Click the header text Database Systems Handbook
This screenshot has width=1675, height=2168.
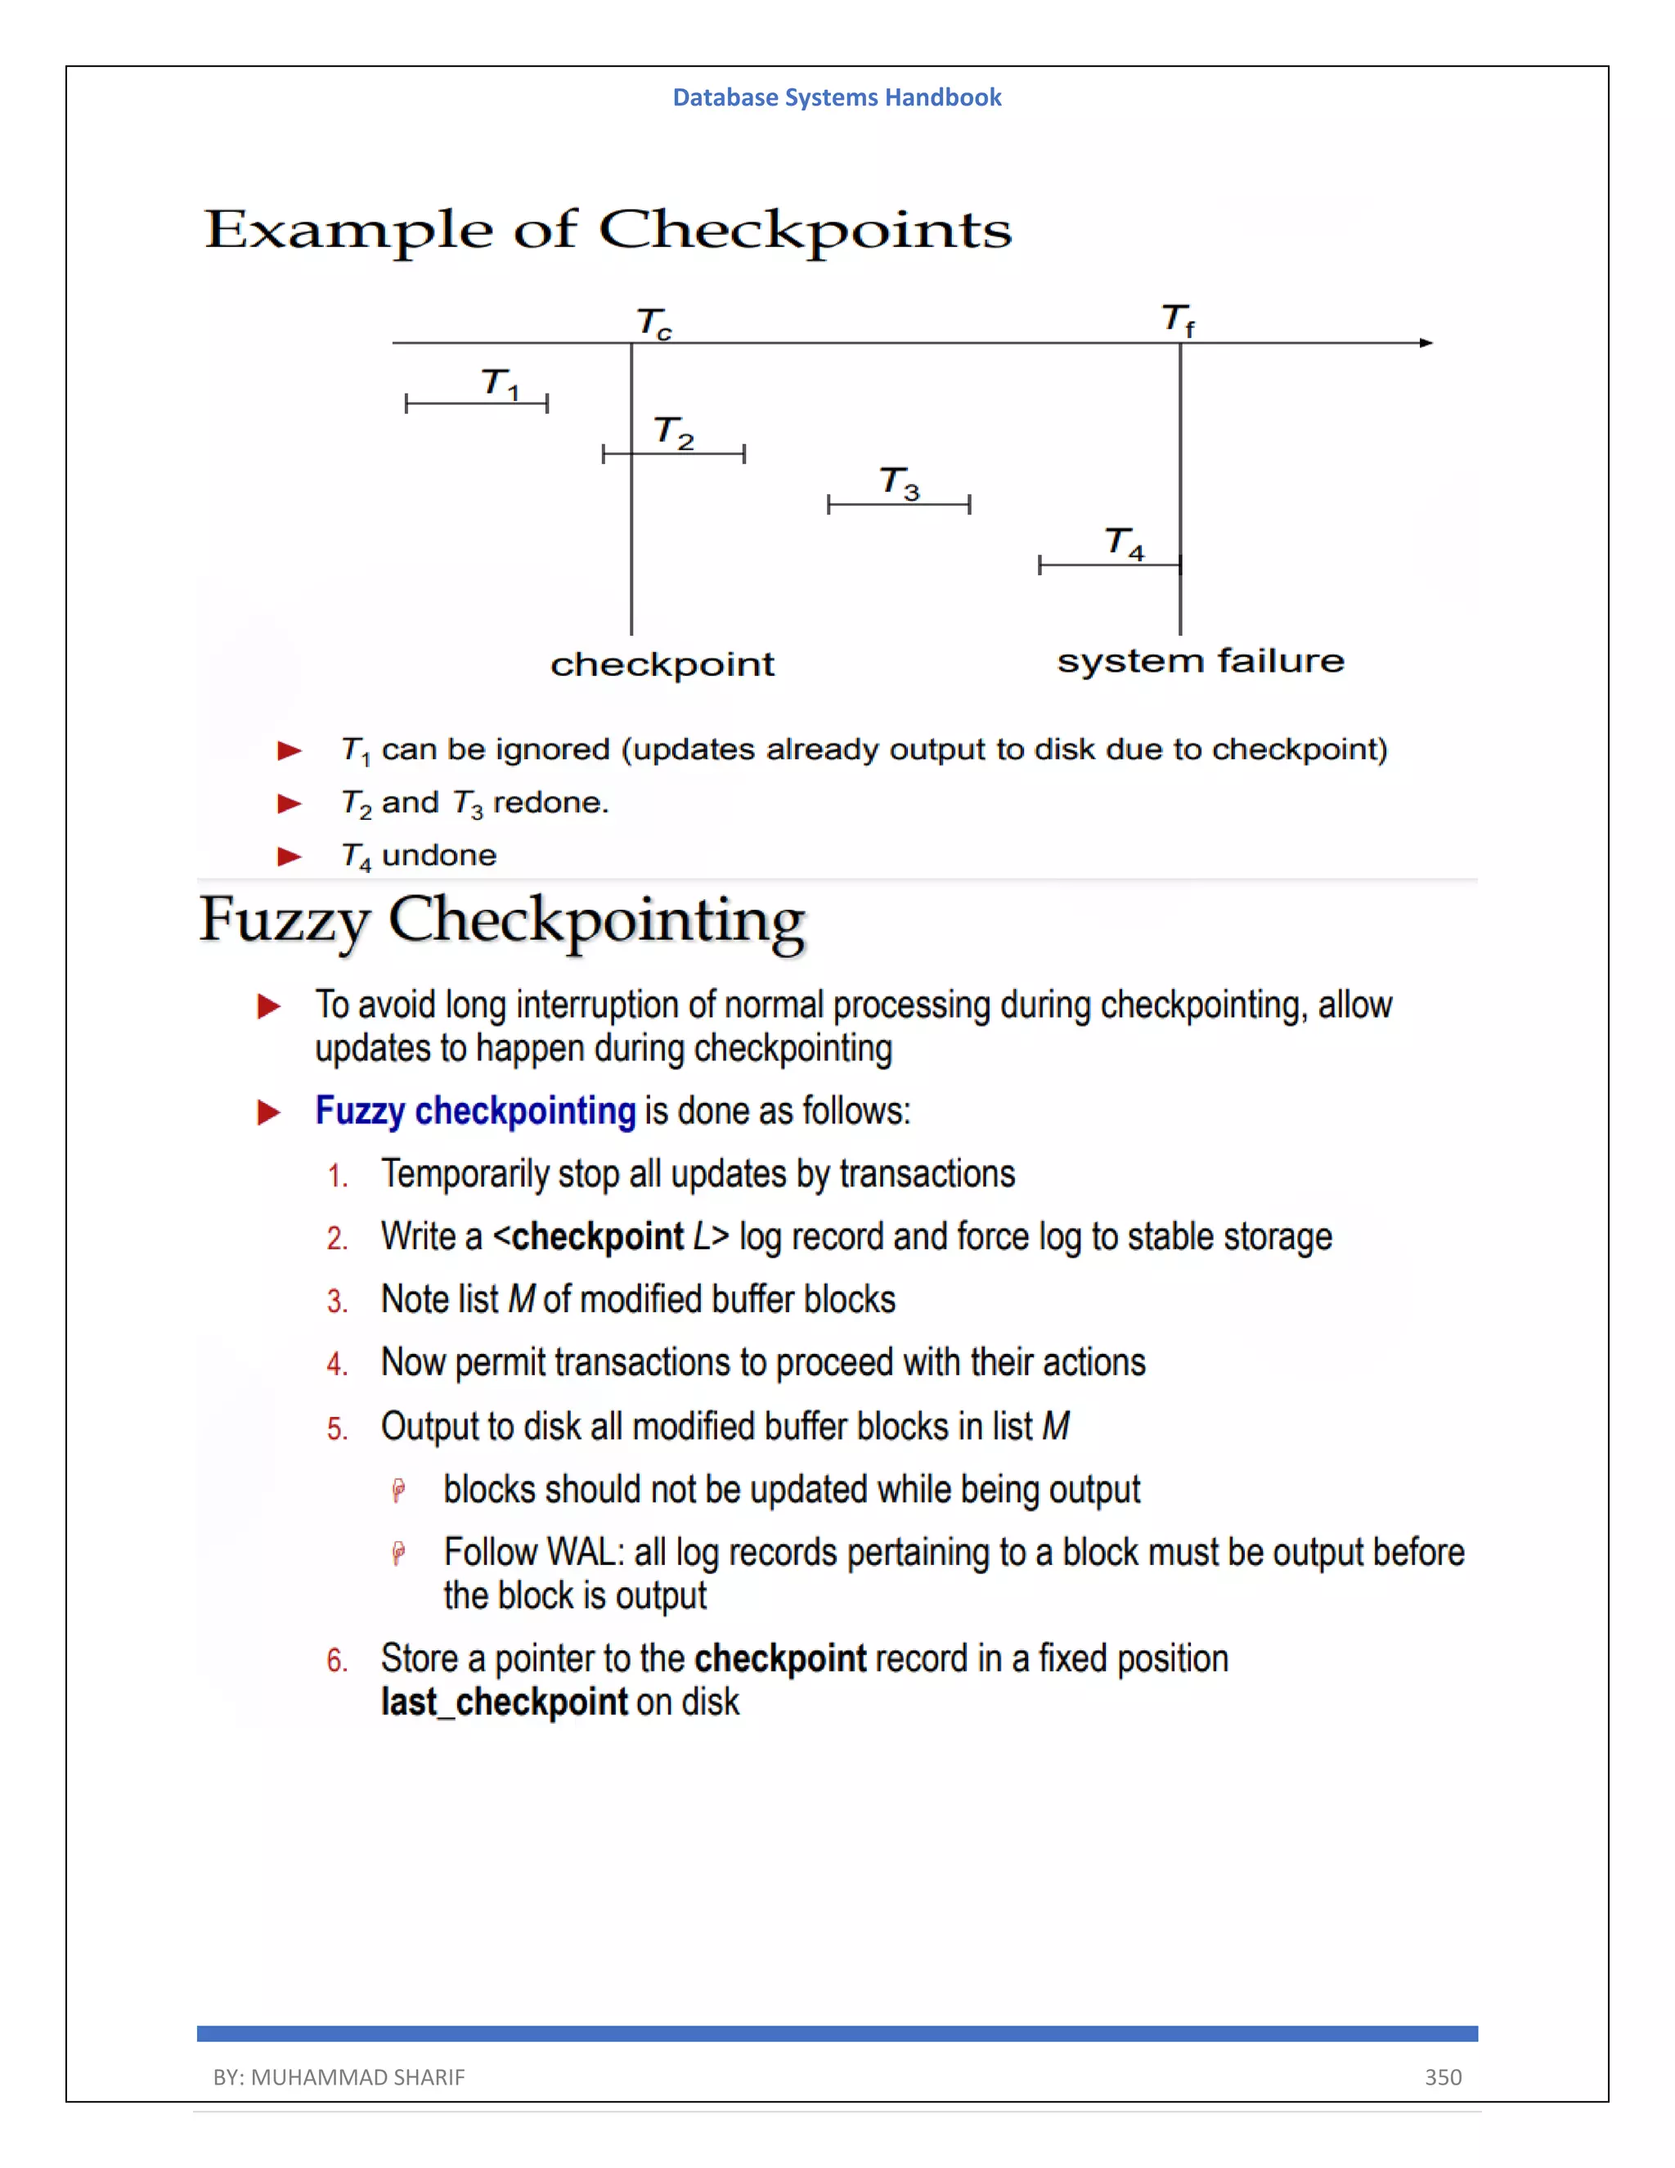tap(837, 97)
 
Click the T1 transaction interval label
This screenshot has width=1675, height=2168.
tap(500, 383)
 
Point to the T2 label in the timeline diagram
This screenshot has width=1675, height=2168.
tap(674, 432)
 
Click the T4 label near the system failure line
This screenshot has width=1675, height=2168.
tap(1125, 543)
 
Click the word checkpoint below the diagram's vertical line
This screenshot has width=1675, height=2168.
tap(662, 664)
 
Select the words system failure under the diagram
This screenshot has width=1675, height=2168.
tap(1200, 660)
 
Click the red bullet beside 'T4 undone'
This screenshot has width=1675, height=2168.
tap(289, 856)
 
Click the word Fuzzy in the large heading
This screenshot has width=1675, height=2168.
tap(284, 920)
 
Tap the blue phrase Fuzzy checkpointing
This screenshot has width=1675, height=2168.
tap(474, 1111)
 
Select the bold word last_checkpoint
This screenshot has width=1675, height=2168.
tap(504, 1702)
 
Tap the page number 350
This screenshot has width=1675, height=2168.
tap(1443, 2076)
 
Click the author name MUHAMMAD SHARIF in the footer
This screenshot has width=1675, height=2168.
tap(357, 2076)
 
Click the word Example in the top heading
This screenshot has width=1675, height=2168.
tap(348, 231)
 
